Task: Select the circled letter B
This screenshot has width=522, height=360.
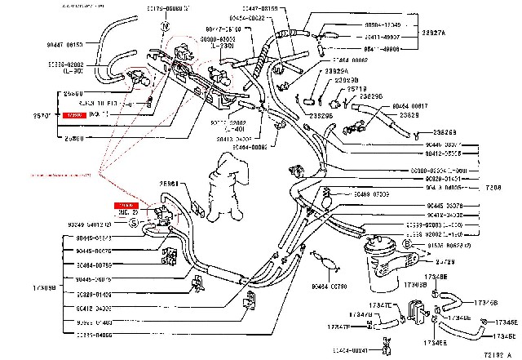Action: point(407,245)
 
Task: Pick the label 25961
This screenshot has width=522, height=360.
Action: point(169,184)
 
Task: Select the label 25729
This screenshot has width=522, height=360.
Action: point(445,261)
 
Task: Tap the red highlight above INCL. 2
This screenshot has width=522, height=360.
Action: point(126,205)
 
